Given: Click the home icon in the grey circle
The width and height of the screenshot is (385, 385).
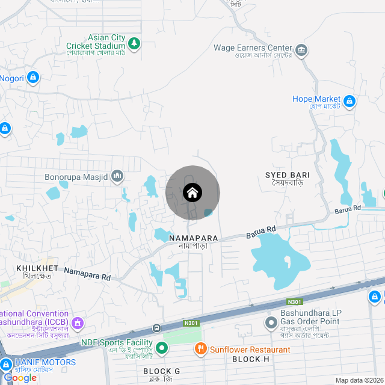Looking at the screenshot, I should tap(192, 192).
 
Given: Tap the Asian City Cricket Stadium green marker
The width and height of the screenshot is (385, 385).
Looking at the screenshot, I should tap(134, 43).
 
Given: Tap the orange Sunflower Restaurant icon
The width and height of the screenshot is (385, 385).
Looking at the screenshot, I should tap(201, 348).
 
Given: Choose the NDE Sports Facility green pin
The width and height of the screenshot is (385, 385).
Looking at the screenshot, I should tap(162, 347).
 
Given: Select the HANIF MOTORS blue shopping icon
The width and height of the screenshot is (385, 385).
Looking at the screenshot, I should tap(7, 364).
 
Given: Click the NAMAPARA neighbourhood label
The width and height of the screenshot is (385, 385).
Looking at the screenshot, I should tap(193, 238).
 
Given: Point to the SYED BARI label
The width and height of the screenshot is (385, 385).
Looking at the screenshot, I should tap(288, 175).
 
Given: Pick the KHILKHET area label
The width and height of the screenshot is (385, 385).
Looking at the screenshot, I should tap(38, 268).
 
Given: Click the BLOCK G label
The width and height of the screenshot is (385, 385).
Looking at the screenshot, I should tap(161, 371).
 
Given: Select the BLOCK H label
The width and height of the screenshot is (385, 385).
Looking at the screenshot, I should tap(250, 359).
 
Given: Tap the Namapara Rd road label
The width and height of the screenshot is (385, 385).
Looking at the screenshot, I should tap(88, 275).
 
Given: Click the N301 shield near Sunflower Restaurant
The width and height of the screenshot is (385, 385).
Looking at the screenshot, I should tap(191, 323).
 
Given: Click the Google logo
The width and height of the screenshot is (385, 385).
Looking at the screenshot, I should tap(20, 377).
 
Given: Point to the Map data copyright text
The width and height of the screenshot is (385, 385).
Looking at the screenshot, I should tap(359, 380).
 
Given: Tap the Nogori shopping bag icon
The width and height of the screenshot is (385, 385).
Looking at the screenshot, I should tap(33, 77).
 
